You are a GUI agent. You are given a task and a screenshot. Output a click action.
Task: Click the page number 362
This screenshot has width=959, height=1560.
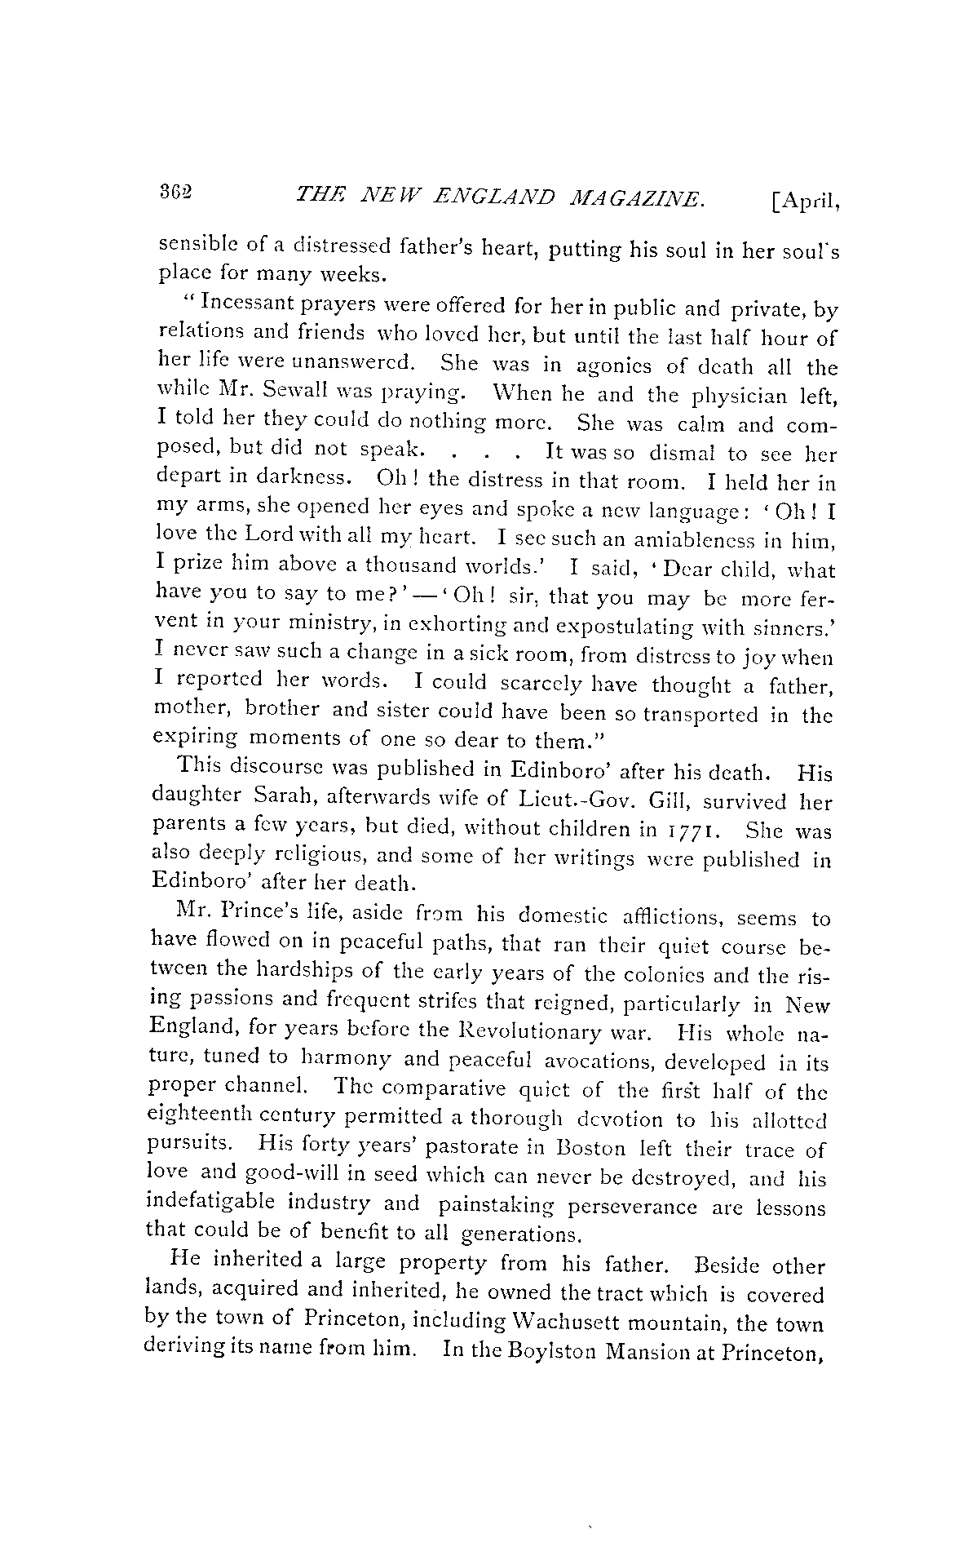click(175, 193)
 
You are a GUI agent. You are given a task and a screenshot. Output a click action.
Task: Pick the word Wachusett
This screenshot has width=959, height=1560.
click(566, 1323)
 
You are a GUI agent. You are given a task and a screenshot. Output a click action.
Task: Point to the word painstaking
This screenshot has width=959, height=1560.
click(498, 1205)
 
